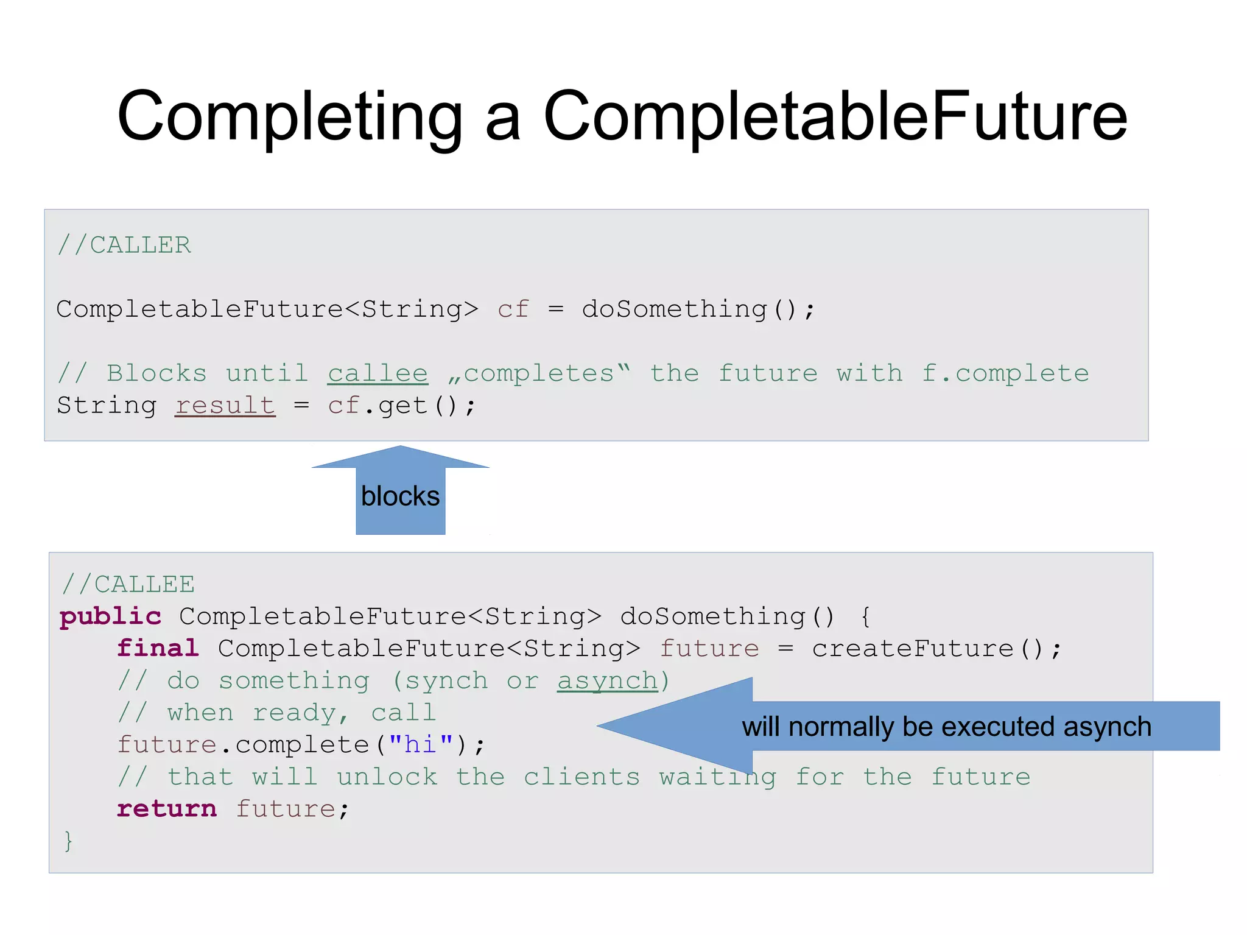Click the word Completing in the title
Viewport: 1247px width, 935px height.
[x=290, y=117]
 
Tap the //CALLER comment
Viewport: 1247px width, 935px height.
[x=124, y=245]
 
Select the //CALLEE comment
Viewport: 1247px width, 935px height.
[x=128, y=584]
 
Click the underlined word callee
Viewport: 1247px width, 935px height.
[x=378, y=373]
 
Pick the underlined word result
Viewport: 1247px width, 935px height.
[x=225, y=406]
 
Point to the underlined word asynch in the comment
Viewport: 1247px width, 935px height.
[x=607, y=681]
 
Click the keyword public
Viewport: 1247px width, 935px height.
[x=110, y=616]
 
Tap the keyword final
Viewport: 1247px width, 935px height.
[x=158, y=649]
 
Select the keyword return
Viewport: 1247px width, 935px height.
[x=166, y=809]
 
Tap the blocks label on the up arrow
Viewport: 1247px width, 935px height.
[x=400, y=496]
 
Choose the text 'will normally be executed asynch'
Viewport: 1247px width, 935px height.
[x=946, y=727]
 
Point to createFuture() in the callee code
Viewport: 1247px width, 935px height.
[x=936, y=649]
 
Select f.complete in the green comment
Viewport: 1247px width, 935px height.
[x=1005, y=373]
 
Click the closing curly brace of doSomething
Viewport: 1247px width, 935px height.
[x=68, y=841]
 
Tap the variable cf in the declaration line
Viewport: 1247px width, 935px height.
[x=513, y=309]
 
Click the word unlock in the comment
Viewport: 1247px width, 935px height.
[x=387, y=777]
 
